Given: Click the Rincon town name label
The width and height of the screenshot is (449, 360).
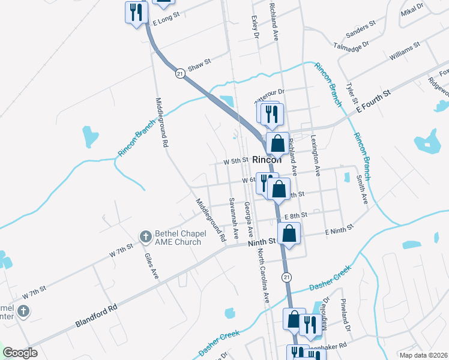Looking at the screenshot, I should click(x=267, y=160).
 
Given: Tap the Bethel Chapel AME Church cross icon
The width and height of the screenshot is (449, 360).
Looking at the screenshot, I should click(x=146, y=238).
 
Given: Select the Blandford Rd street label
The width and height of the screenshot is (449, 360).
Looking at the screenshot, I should click(x=95, y=315).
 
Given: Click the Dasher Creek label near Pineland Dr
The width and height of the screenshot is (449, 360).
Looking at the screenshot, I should click(x=329, y=282).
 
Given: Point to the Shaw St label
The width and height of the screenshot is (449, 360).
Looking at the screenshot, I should click(x=200, y=65).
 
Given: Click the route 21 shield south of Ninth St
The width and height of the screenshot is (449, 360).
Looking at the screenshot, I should click(x=286, y=276).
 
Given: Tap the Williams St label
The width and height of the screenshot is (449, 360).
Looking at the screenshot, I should click(x=403, y=52).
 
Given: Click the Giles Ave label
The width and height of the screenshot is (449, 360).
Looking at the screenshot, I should click(x=151, y=266).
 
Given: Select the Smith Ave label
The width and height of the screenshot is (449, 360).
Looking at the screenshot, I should click(x=361, y=189).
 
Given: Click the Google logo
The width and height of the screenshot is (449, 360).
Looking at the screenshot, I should click(x=20, y=353).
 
